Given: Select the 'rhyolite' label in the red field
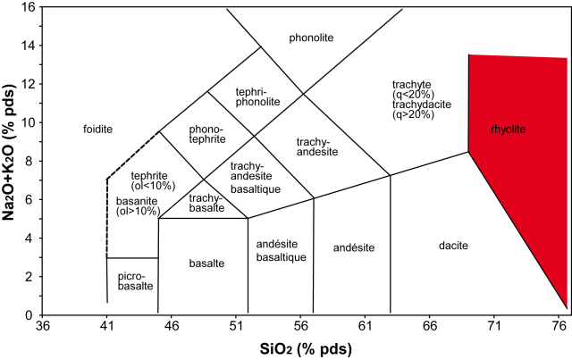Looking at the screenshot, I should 508,130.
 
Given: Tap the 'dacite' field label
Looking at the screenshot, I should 454,246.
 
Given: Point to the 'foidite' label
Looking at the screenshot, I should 97,130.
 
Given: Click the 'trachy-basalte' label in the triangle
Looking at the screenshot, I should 206,202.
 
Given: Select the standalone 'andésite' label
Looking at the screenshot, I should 353,247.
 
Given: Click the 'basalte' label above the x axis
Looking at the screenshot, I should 206,263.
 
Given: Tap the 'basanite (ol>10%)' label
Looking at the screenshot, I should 138,207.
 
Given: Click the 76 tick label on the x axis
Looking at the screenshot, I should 559,327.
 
